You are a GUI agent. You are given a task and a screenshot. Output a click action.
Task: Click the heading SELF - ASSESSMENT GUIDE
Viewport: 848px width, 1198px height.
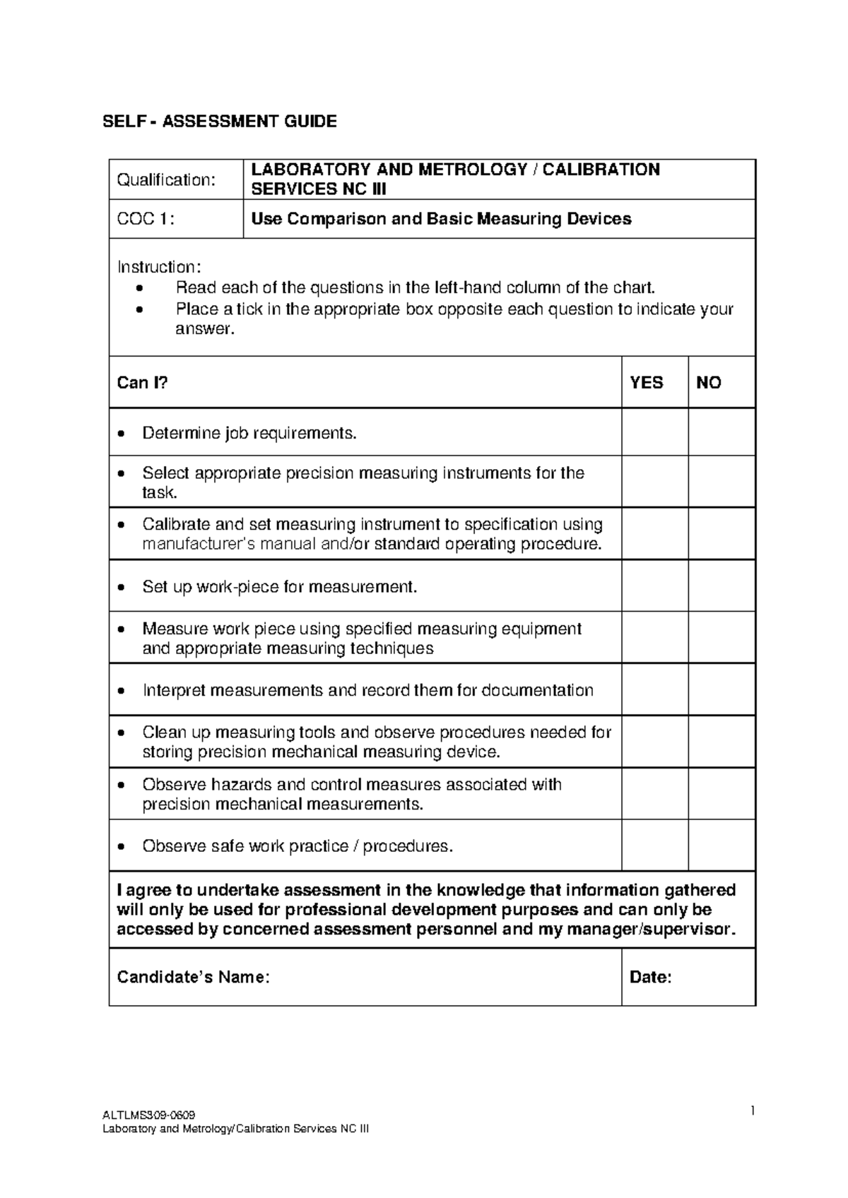220,121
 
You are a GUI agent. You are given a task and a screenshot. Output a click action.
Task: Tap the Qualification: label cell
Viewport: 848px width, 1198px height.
165,180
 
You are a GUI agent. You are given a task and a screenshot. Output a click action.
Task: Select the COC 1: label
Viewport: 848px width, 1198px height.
145,219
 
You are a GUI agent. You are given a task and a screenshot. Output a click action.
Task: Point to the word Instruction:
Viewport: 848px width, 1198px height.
159,267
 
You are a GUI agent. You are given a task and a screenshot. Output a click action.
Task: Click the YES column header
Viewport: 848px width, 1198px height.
646,383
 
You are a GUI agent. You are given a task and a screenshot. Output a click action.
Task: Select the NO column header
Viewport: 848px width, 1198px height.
708,383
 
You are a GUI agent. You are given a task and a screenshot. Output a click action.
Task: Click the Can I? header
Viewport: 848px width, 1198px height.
142,383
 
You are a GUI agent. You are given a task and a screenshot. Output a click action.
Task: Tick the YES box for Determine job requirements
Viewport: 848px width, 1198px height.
654,432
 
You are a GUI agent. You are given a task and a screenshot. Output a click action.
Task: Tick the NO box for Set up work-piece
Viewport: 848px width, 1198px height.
722,586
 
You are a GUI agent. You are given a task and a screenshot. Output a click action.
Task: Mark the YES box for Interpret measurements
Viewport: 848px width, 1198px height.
654,689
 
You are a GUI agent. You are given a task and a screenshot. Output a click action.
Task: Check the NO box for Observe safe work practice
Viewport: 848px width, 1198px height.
722,845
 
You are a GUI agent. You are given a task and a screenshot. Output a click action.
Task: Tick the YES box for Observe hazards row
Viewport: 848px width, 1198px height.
654,793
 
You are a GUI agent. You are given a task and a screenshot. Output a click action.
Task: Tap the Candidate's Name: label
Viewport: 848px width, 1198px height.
193,977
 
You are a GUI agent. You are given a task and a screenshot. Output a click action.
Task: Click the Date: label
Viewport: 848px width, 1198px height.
650,977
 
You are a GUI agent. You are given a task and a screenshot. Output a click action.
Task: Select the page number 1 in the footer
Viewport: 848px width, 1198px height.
753,1111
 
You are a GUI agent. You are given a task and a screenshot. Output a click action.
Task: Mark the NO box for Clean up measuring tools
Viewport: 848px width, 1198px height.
722,741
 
